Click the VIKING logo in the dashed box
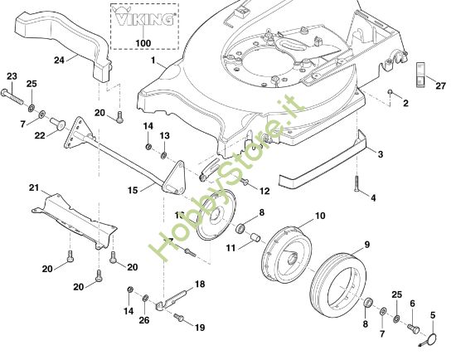coord(143,18)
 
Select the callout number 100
coord(143,41)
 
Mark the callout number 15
coord(133,190)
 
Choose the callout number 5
coord(431,314)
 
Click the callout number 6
coord(413,305)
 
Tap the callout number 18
coord(199,285)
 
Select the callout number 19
coord(199,327)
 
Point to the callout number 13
coord(164,135)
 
